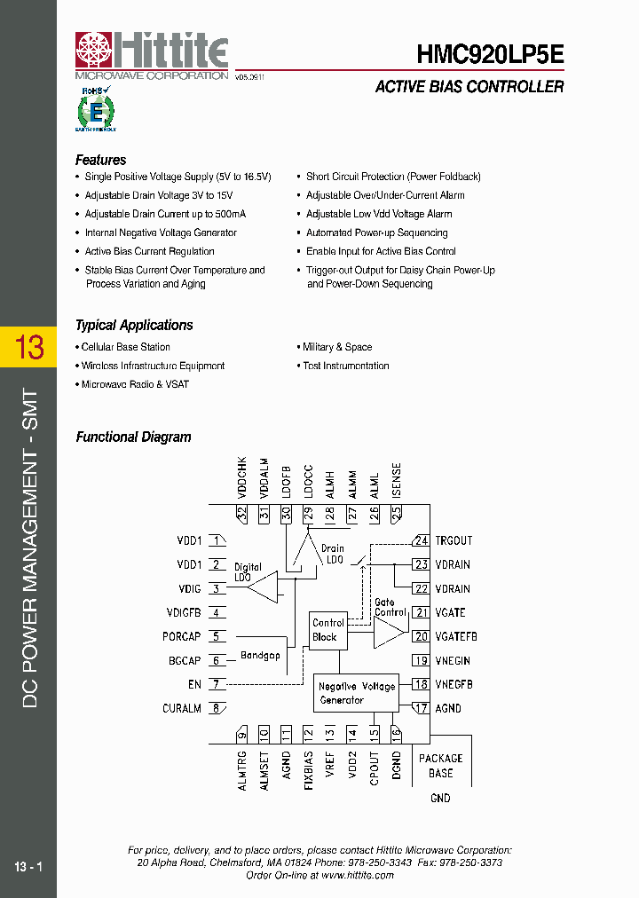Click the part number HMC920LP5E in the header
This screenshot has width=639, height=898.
click(490, 54)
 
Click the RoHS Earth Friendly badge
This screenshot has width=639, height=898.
click(96, 108)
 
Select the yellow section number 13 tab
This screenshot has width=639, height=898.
click(28, 347)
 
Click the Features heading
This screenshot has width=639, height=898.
click(100, 160)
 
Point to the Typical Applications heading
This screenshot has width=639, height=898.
click(134, 325)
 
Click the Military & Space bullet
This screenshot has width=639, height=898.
click(337, 347)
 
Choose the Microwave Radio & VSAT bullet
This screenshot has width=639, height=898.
click(135, 384)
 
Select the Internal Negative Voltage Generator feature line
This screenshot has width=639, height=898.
click(161, 232)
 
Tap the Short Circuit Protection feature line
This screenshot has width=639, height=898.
click(393, 177)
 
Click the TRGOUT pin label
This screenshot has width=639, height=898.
click(454, 540)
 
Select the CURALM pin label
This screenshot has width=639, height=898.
click(182, 708)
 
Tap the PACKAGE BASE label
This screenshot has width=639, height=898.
click(440, 765)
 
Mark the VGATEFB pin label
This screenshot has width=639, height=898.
click(456, 636)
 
